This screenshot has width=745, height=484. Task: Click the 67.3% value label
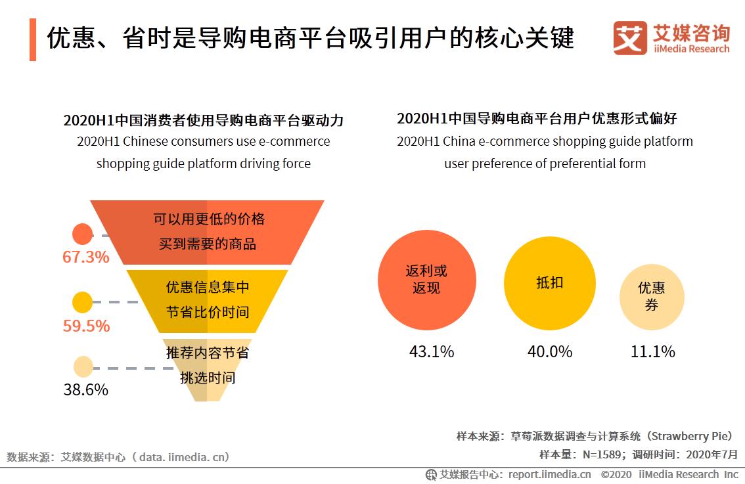86,257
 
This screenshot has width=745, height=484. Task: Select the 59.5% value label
86,326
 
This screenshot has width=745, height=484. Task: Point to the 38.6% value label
86,389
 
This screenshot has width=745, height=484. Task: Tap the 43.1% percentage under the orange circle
432,351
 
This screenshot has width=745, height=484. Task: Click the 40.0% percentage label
550,351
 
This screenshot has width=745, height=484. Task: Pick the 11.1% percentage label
652,351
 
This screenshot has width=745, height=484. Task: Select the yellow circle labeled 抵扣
550,282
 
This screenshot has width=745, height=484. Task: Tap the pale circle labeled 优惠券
652,297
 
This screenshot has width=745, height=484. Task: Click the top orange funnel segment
207,231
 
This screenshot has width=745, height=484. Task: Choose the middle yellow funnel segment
207,299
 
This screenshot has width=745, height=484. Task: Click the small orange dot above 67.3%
82,234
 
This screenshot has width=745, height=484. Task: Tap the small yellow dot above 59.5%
82,302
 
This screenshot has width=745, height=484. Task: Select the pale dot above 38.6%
83,366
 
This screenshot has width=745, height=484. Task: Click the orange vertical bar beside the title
33,39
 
